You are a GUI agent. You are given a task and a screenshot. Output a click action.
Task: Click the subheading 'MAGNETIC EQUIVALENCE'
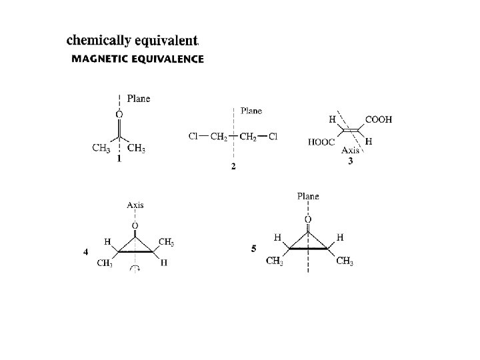(137, 59)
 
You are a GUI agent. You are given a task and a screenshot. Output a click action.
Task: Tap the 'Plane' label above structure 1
(139, 99)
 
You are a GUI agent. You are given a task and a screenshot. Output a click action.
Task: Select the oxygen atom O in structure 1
(119, 115)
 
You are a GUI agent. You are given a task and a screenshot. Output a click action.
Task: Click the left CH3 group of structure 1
(101, 148)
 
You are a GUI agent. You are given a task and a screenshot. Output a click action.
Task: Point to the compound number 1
(119, 159)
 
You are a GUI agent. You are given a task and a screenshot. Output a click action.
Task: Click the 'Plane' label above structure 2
(251, 111)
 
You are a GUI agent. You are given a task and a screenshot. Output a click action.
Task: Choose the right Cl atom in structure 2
(273, 137)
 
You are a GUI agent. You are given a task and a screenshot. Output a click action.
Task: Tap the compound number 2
(233, 166)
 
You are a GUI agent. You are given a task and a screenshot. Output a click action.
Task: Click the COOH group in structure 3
(379, 120)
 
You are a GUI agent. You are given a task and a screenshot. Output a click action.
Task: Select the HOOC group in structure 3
(321, 142)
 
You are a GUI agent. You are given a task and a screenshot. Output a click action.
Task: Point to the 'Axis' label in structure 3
(351, 151)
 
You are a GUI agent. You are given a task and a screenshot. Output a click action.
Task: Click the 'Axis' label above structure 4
(135, 205)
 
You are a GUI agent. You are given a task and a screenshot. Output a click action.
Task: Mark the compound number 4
(85, 252)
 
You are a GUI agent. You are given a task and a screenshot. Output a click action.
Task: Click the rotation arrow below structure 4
(135, 269)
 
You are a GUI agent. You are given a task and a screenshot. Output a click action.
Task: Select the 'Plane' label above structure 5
(308, 197)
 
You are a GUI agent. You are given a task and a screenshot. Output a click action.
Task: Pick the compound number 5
(254, 249)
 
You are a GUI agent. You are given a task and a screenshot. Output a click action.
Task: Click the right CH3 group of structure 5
(345, 261)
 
